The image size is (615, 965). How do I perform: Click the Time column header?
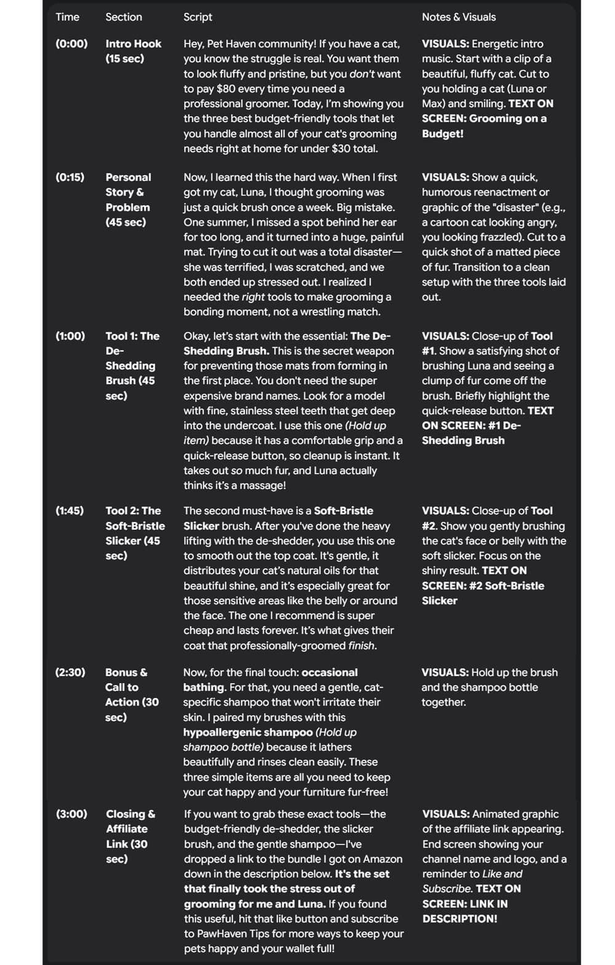point(67,17)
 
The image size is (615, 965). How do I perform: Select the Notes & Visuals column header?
point(458,17)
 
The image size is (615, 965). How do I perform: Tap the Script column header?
point(197,17)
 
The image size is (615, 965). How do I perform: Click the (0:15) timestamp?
point(70,177)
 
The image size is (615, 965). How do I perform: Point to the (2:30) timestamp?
point(70,672)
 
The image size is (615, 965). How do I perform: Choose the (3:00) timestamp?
point(71,814)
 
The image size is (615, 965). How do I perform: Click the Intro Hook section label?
point(133,44)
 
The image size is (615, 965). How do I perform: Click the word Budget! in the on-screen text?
point(442,133)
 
